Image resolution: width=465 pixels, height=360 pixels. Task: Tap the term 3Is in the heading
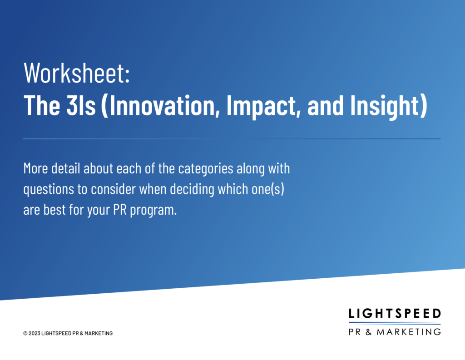point(81,105)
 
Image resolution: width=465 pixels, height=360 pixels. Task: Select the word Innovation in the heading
point(162,106)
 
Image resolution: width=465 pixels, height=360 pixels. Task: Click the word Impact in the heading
point(261,107)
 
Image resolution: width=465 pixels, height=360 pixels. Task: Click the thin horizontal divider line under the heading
point(232,138)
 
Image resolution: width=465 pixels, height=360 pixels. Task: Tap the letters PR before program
point(120,210)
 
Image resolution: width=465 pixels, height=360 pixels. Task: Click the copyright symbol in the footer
point(25,333)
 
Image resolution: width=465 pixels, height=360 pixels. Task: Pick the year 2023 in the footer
point(35,333)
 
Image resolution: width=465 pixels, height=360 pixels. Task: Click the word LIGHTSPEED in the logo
point(395,313)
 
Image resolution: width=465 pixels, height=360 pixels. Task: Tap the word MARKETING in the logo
point(409,332)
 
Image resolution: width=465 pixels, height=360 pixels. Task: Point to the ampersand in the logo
point(369,332)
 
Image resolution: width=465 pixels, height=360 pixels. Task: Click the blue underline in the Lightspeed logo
point(395,323)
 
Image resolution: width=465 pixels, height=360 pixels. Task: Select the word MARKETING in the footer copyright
point(99,333)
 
